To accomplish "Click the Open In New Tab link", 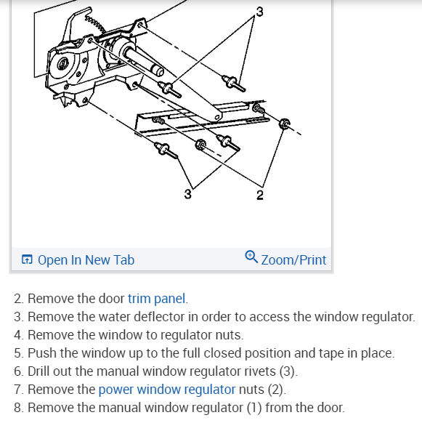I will tap(86, 259).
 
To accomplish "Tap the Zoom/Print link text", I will tap(293, 259).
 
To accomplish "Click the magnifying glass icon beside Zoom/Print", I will tap(251, 257).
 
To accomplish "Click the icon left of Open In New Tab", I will tap(27, 259).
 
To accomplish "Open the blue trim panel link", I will tap(158, 299).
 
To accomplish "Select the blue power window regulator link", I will tap(167, 390).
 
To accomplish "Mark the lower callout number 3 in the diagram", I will tap(188, 194).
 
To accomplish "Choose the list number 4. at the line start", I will tap(19, 335).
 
